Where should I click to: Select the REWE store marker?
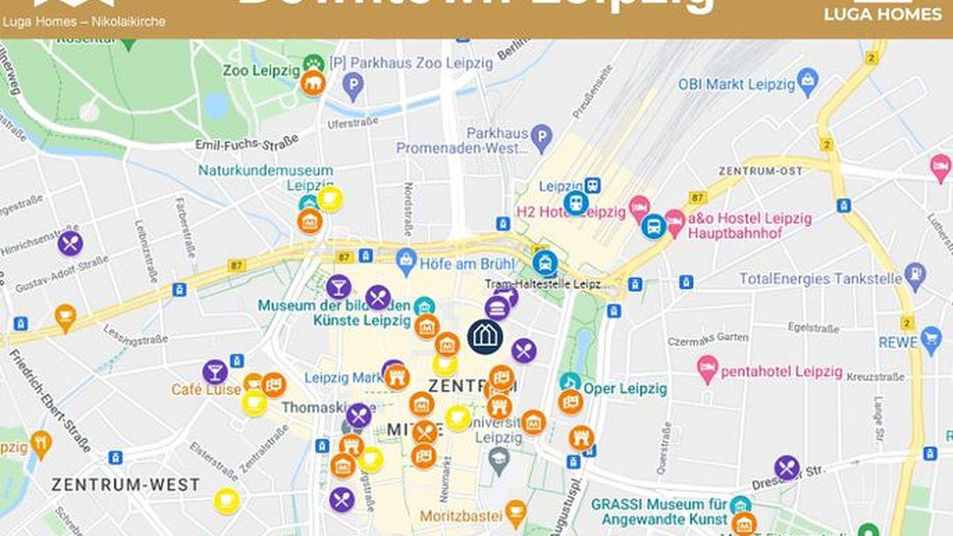coord(931,341)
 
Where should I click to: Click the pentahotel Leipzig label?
coord(782,371)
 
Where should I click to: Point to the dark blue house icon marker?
coord(485,336)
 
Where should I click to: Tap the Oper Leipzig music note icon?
coord(570,383)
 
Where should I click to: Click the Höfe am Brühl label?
coord(468,264)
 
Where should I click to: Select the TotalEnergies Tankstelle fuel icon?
coord(915,277)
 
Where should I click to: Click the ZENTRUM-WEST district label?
coord(126,485)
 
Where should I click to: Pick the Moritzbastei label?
coord(461,516)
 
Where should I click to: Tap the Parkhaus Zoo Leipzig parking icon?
coord(353,87)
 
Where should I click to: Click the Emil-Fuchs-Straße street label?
coord(246,141)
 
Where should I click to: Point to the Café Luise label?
coord(206,389)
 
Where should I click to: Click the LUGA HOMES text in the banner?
coord(882,13)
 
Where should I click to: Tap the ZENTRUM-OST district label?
coord(760,171)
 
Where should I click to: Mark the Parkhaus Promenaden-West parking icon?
coord(542,135)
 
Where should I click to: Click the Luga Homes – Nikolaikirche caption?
coord(84,22)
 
